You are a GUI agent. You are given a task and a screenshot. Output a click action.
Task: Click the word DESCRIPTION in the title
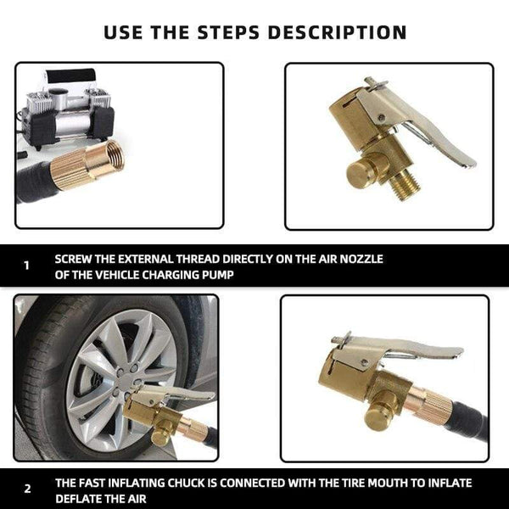[x=338, y=33]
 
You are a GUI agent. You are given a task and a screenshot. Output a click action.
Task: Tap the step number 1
[x=26, y=265]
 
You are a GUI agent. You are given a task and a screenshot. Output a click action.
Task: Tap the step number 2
[x=26, y=489]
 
